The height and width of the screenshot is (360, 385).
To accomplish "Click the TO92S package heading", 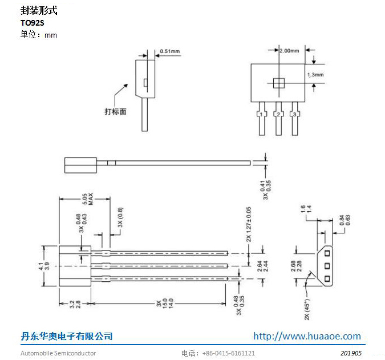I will tap(32, 23).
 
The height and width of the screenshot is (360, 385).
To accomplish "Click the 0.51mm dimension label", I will tap(169, 51).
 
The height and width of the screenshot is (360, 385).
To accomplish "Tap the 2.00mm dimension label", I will tap(290, 51).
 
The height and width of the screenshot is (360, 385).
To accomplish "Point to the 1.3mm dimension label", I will tap(315, 75).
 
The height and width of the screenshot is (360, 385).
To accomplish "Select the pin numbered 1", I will tap(261, 115).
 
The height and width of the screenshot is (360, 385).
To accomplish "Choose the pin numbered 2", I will tap(278, 115).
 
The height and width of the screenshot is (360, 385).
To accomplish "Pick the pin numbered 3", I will tap(294, 115).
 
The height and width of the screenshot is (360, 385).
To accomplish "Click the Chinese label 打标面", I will tap(115, 111).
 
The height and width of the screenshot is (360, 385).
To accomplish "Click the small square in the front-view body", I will tap(278, 83).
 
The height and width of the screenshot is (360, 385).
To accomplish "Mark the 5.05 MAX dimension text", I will tap(87, 199).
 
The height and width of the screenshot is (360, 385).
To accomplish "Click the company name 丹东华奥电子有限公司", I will tap(67, 336).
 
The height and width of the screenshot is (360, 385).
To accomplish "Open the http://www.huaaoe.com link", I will tap(307, 336).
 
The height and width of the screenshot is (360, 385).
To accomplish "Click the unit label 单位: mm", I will tap(39, 35).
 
